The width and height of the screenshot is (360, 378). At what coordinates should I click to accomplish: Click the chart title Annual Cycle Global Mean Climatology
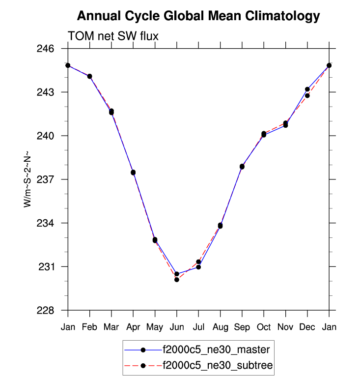pos(198,16)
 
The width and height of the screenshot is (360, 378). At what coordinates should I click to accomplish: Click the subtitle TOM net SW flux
pos(112,36)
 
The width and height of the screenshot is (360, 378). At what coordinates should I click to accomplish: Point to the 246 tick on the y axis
pos(51,49)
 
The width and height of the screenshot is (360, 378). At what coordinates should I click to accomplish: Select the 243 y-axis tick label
pos(51,92)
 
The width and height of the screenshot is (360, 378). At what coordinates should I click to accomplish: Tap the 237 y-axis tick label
pos(51,179)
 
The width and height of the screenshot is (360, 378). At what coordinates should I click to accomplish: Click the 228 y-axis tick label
pos(51,310)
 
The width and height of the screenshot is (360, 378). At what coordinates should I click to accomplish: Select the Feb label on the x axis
pos(90,327)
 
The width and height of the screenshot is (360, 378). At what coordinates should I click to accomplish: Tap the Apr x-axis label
pos(133,327)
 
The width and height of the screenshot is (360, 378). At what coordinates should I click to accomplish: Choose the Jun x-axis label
pos(177,327)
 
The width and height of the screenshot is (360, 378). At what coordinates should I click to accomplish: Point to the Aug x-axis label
pos(220,327)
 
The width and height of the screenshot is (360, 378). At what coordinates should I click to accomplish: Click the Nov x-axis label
pos(285,327)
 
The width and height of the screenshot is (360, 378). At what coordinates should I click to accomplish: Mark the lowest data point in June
pos(177,280)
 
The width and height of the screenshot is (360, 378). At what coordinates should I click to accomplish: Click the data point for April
pos(133,172)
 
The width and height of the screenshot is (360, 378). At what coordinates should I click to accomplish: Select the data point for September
pos(242,167)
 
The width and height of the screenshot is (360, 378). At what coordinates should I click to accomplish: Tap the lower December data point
pos(307,95)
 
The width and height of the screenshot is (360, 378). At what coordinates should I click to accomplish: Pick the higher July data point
pos(198,262)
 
